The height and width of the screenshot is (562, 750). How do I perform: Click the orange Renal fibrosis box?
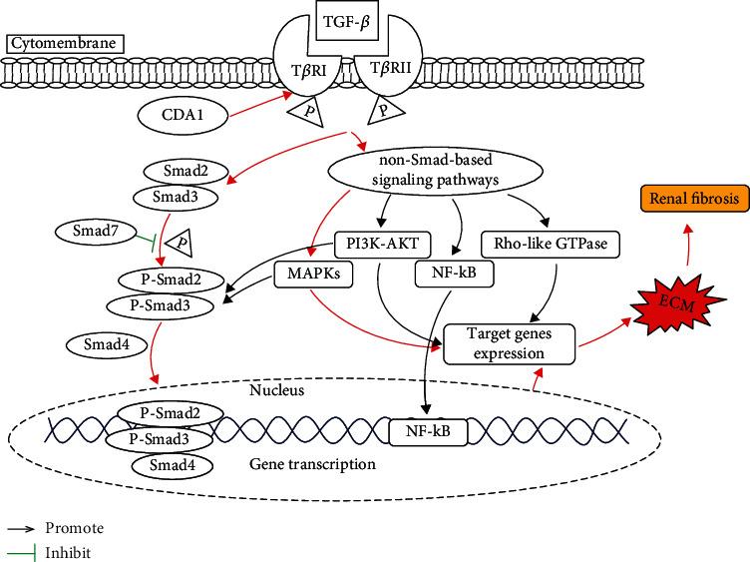coord(694,200)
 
